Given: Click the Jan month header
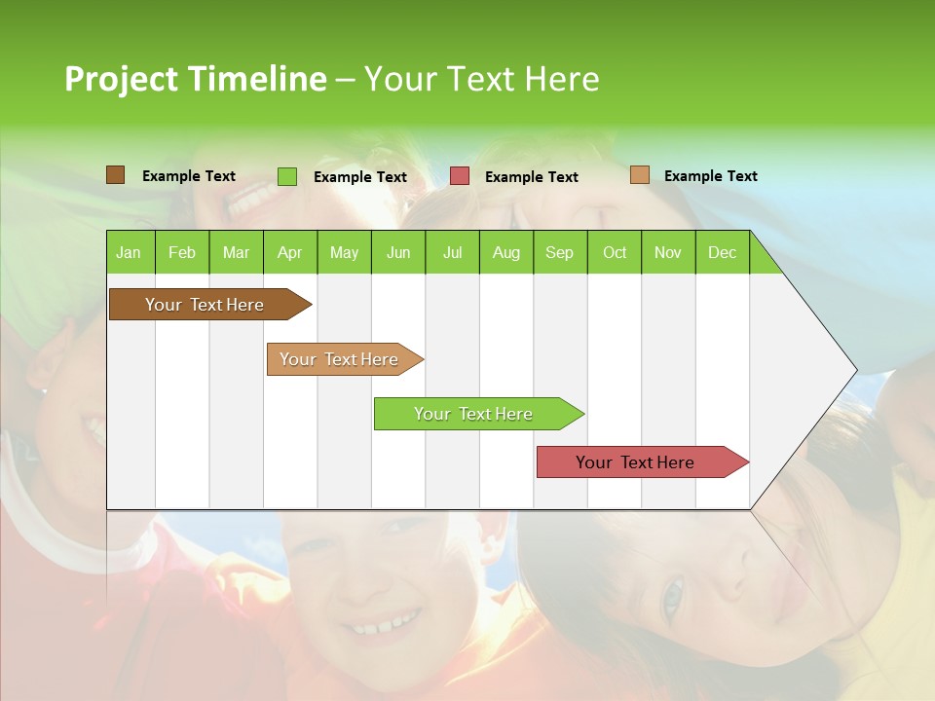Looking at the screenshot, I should pyautogui.click(x=129, y=252).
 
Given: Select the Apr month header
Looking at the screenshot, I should pyautogui.click(x=289, y=252).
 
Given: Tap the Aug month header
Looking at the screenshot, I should pyautogui.click(x=505, y=252).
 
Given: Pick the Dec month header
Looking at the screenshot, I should pyautogui.click(x=722, y=252).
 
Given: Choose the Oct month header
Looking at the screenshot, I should pyautogui.click(x=615, y=252).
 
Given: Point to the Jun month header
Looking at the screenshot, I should pyautogui.click(x=397, y=252).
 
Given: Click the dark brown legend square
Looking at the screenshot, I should pyautogui.click(x=115, y=175).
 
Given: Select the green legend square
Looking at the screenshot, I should pyautogui.click(x=287, y=176).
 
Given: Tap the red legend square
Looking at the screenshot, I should pyautogui.click(x=460, y=176).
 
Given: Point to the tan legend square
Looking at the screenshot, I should pyautogui.click(x=639, y=175).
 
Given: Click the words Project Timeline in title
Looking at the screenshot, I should pyautogui.click(x=195, y=79).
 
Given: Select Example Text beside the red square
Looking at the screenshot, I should pyautogui.click(x=531, y=177).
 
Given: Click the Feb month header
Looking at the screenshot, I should pyautogui.click(x=182, y=252).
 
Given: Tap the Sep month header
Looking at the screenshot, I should pyautogui.click(x=559, y=252).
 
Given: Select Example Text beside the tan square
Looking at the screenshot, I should pyautogui.click(x=710, y=176).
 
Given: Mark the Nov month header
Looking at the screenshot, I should pyautogui.click(x=668, y=252).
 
